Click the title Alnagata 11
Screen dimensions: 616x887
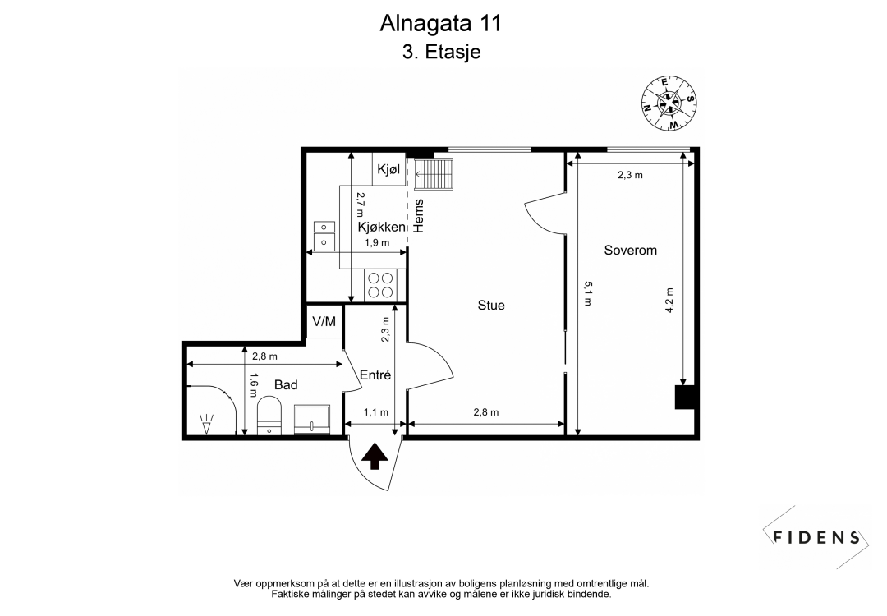tap(440, 22)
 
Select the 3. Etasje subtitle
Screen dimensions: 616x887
tap(440, 53)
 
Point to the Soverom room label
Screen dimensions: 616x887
tap(630, 250)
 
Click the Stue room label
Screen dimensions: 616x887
tap(491, 306)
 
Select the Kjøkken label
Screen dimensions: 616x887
tap(382, 227)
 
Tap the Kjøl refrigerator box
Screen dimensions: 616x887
tap(389, 169)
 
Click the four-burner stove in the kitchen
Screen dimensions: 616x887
tap(381, 285)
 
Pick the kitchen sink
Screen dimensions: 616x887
tap(324, 235)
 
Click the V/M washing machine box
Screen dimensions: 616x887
tap(324, 321)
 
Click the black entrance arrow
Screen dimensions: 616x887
tap(375, 456)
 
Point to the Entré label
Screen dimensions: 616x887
tap(375, 375)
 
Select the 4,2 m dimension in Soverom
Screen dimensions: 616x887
tap(669, 300)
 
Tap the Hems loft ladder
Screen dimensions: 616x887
tap(433, 174)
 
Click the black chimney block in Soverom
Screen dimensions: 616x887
tap(685, 397)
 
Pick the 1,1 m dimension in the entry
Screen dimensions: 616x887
tap(375, 412)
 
